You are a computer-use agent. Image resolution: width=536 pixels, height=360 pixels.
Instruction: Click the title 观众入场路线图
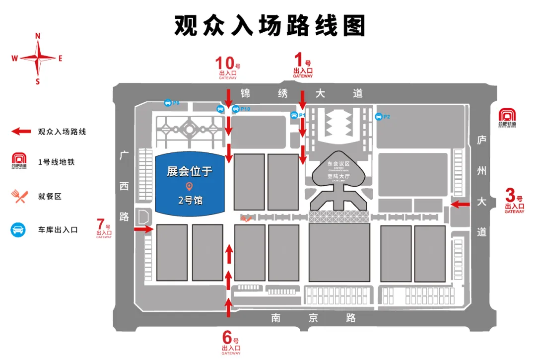269,25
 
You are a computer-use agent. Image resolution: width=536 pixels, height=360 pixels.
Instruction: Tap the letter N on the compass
38,36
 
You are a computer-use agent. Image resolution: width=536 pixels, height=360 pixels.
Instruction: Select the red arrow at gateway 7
143,229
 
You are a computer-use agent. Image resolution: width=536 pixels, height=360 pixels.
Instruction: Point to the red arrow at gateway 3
460,204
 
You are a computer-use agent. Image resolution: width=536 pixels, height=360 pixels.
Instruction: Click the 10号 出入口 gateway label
228,68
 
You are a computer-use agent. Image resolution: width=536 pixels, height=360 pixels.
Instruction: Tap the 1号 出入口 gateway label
303,67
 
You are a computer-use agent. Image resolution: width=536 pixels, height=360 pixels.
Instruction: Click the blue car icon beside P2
378,117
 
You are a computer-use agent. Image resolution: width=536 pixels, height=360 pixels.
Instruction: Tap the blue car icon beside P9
168,103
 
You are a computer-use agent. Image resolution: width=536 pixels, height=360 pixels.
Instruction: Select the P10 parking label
245,109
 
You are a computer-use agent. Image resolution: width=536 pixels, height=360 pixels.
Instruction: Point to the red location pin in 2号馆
189,187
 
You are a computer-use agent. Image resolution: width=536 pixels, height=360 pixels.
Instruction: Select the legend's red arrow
22,132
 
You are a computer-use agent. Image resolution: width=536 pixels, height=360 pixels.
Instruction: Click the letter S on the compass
38,81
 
